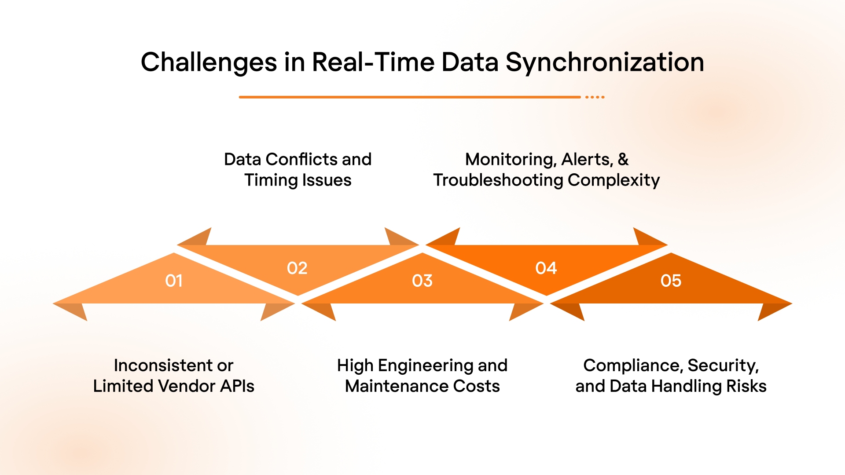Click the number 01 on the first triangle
pyautogui.click(x=174, y=281)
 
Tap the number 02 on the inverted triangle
pyautogui.click(x=297, y=268)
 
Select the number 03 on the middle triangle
pyautogui.click(x=422, y=281)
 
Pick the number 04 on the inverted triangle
pyautogui.click(x=546, y=268)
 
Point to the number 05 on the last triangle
pyautogui.click(x=671, y=281)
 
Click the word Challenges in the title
pyautogui.click(x=209, y=62)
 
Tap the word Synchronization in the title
pyautogui.click(x=605, y=62)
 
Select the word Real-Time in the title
pyautogui.click(x=373, y=62)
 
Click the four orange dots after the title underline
pyautogui.click(x=595, y=97)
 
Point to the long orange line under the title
pyautogui.click(x=409, y=97)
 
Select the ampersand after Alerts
pyautogui.click(x=623, y=159)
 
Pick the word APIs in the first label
pyautogui.click(x=237, y=386)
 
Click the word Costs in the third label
pyautogui.click(x=477, y=386)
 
